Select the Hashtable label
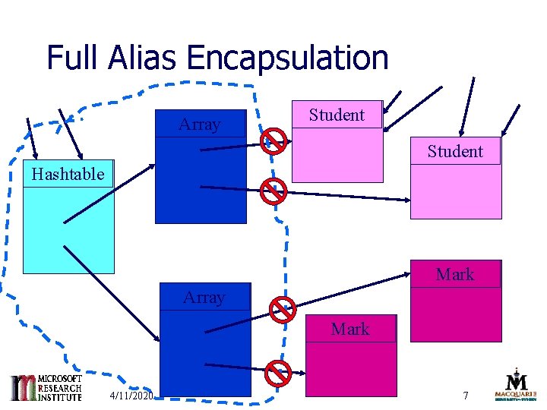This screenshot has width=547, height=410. point(68,174)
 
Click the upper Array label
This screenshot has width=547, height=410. point(200,125)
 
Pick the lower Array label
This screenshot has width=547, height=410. point(204,297)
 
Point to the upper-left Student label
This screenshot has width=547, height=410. point(337,115)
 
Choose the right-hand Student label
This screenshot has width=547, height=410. point(455,151)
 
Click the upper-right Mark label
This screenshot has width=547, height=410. point(455,274)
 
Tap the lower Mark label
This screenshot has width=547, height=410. point(350,329)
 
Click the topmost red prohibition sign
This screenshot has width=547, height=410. point(273,141)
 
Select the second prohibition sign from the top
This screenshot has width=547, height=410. point(273,191)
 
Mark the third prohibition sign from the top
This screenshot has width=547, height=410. point(283,309)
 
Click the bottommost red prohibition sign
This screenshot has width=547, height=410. point(278,372)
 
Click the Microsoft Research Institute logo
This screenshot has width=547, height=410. point(45,387)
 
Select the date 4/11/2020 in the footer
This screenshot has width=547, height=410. point(131,396)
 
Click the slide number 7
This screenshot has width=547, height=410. point(467,396)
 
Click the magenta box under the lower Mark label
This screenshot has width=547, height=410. point(350,369)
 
